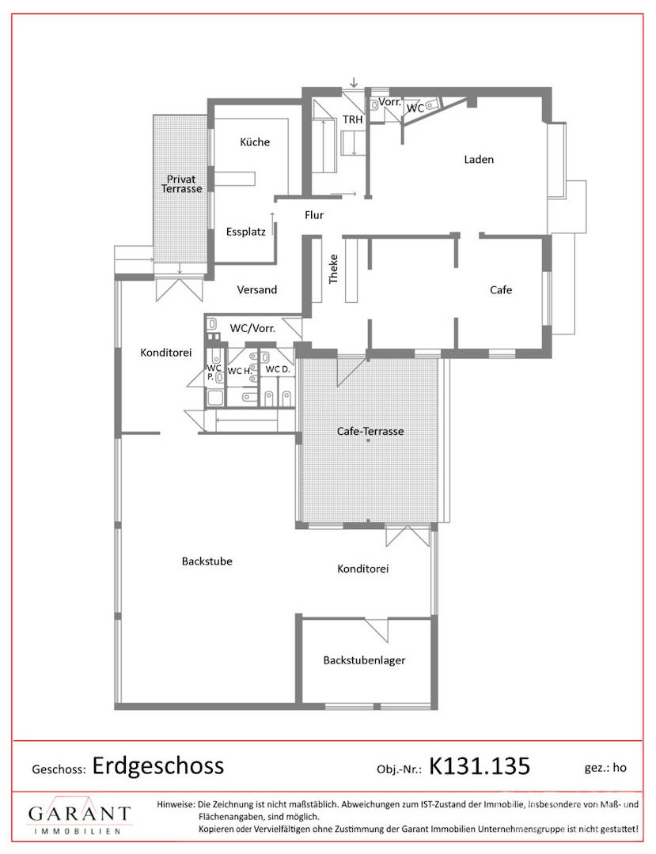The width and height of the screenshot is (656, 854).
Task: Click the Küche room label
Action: coord(255,142)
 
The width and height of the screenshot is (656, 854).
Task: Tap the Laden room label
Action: coord(479,160)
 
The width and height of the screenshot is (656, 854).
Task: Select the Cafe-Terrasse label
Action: coord(370,432)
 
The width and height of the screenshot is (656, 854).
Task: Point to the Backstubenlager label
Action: coord(365,660)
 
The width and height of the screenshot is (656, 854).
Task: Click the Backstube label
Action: coord(207,561)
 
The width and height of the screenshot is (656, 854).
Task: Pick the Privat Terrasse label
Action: coord(181,184)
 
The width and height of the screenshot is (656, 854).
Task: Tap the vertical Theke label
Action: coord(333,269)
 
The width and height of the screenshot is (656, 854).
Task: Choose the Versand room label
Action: coord(256,289)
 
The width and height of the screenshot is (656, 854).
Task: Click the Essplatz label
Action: coord(246,232)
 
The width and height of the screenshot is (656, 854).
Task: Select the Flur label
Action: coord(314,215)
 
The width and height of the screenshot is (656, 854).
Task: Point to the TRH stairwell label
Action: coord(352,119)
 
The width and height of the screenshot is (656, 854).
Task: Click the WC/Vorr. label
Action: coord(252,328)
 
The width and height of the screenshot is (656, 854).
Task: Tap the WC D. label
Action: coord(278,369)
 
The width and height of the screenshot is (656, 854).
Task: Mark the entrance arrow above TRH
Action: coord(355,82)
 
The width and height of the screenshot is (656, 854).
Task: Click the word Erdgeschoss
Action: coord(158,765)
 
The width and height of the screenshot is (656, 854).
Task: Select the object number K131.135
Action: coord(480,765)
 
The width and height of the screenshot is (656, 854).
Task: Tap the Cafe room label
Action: coord(501,289)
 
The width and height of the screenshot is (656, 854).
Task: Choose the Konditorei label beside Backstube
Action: coord(363,569)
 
